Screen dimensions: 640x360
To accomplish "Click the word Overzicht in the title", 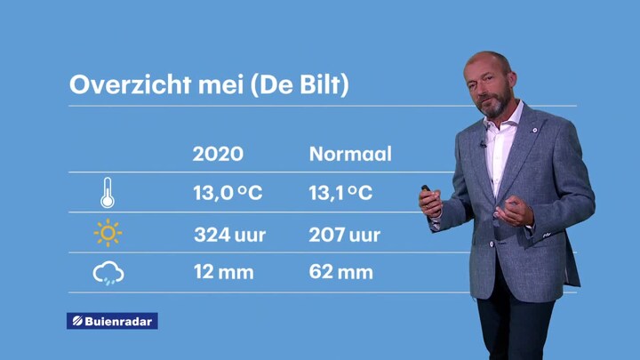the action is [x=130, y=85].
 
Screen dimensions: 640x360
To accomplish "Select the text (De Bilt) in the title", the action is [x=300, y=85].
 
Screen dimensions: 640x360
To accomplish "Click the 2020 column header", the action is [x=218, y=154].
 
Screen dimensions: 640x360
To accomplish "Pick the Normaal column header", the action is [x=350, y=154].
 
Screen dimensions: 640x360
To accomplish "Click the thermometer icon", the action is [x=108, y=193].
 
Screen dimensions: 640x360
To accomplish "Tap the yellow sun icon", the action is [x=108, y=233].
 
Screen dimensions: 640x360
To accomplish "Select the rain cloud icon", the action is [x=108, y=273].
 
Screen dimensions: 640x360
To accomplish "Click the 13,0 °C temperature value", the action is [x=228, y=193].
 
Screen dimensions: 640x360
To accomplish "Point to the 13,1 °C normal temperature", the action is [x=340, y=193].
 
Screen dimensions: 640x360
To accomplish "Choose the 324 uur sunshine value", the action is [x=230, y=235].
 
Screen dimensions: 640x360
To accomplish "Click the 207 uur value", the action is [x=345, y=235].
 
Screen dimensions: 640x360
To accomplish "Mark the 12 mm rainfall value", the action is [x=224, y=272].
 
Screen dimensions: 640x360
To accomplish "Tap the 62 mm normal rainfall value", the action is [x=340, y=272].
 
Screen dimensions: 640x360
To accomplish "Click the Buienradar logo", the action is [x=112, y=321].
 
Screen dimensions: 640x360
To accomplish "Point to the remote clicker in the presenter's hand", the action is [x=426, y=188].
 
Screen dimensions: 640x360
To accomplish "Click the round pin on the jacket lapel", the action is [x=535, y=130].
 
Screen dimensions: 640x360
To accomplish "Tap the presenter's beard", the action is [x=495, y=105].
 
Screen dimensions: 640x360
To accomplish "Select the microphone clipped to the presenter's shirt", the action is [x=484, y=144].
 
